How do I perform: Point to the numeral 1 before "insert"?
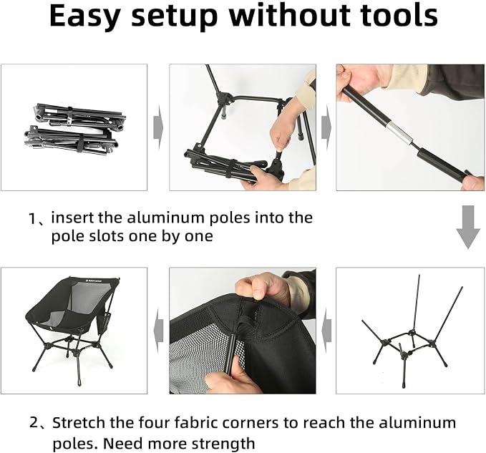coord(33,219)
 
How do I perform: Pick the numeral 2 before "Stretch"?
coord(34,423)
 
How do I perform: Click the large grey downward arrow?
coord(468,227)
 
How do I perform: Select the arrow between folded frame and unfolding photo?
coord(158,127)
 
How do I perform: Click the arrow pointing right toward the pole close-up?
coord(326,127)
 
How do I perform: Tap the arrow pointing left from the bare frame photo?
coord(326,331)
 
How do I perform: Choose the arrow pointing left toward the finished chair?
coord(158,331)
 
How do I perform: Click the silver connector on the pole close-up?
coord(399,134)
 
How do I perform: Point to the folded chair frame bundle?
coord(74,130)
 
